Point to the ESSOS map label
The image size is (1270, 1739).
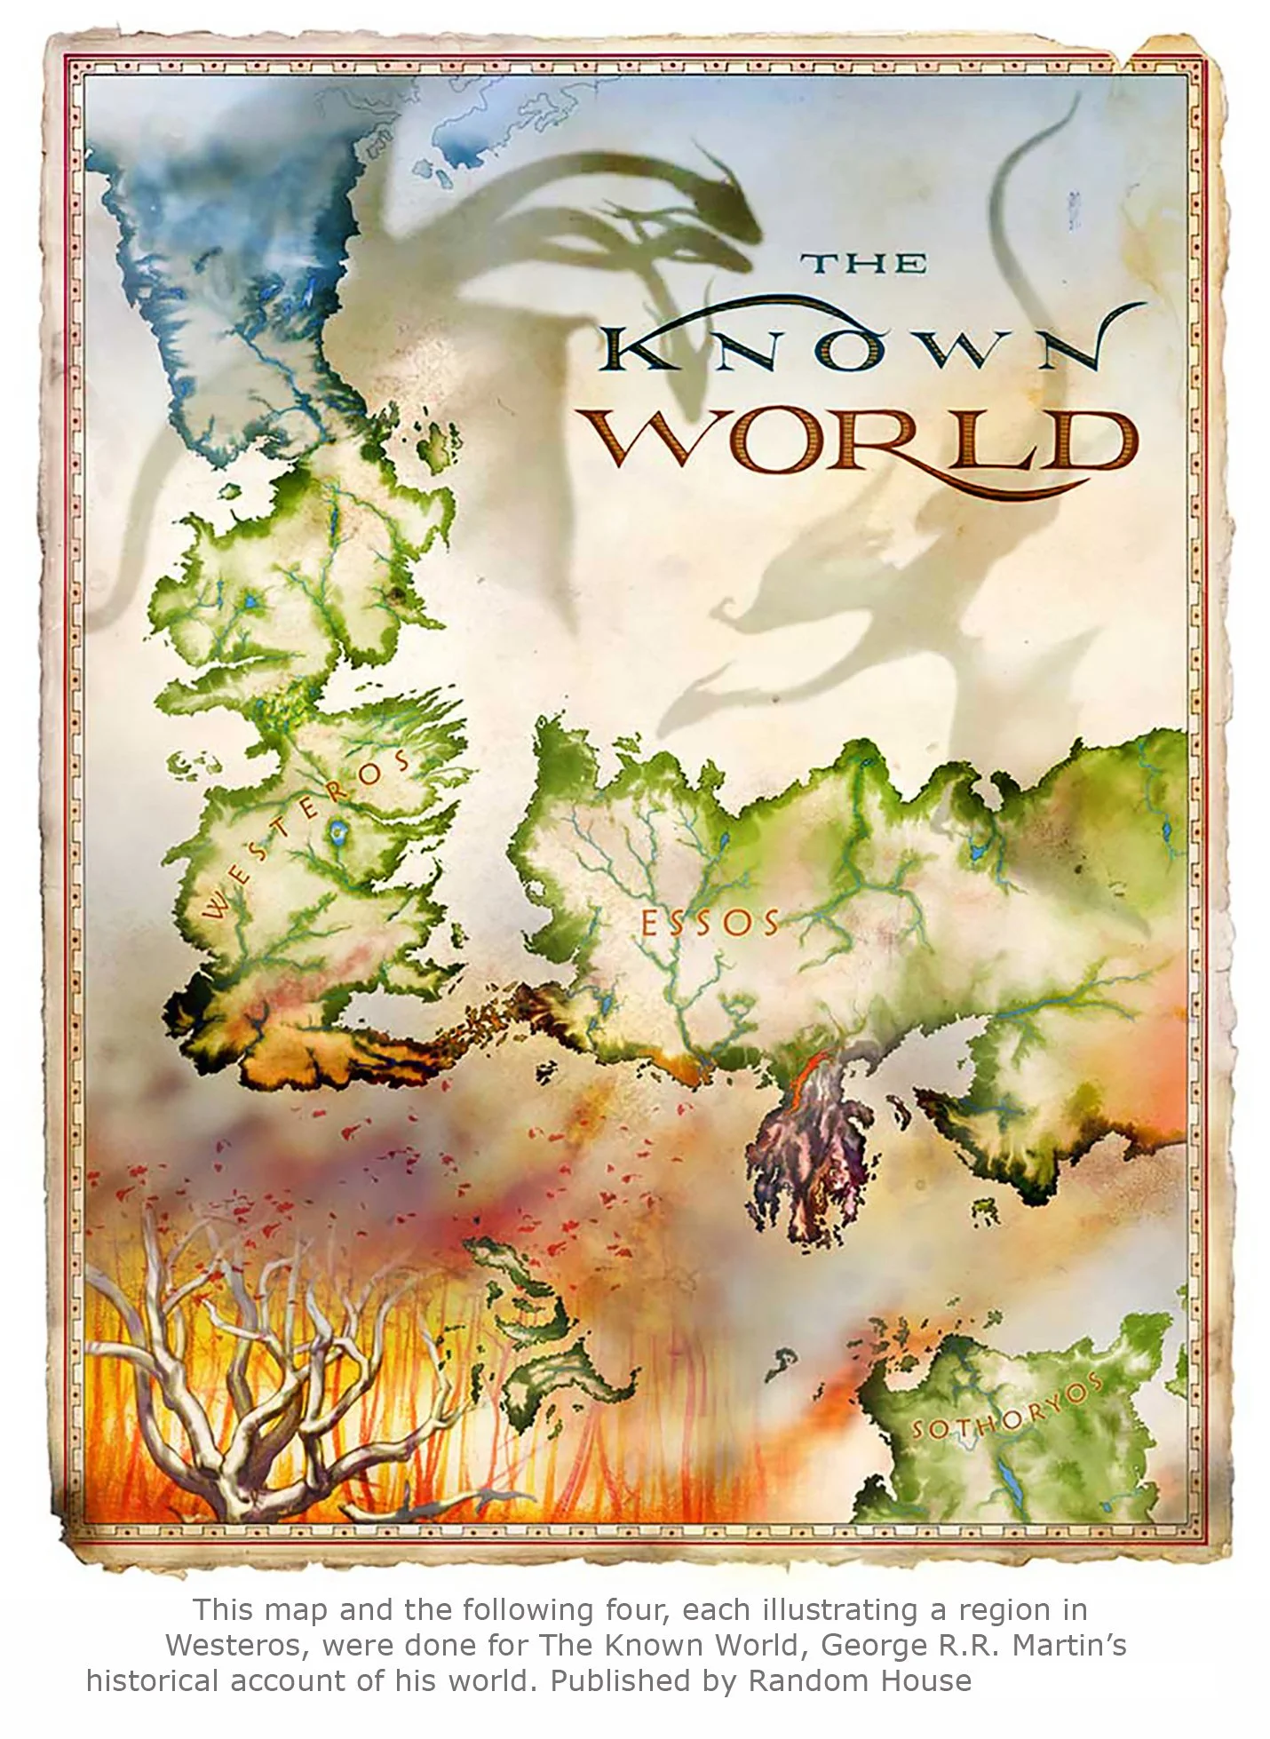[709, 924]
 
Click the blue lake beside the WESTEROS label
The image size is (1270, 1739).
[337, 832]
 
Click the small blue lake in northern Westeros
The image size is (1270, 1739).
[251, 603]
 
